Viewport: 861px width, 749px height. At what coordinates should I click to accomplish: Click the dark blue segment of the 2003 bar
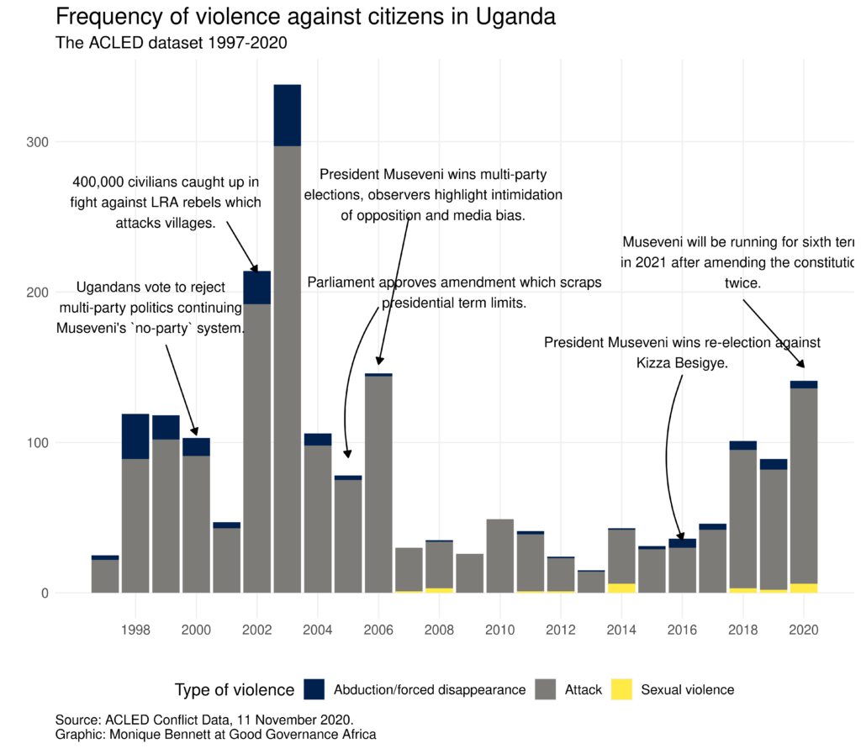287,115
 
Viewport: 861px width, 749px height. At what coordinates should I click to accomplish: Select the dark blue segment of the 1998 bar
135,436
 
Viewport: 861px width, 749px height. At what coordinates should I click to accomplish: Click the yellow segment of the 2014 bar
621,588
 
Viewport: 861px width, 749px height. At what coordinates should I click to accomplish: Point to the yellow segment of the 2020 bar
804,588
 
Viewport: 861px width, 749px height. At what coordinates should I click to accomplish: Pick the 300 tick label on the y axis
35,142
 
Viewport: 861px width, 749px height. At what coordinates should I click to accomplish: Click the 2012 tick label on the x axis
560,630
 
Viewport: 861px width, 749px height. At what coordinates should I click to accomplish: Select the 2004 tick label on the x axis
317,630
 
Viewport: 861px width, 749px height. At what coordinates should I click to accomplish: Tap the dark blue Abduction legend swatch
314,689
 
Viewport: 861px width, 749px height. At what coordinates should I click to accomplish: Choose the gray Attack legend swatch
546,689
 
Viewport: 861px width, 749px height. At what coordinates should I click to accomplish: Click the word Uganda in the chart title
514,17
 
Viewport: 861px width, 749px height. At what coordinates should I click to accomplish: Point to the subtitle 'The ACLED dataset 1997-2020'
172,43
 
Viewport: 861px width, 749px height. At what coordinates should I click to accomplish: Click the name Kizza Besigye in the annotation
681,363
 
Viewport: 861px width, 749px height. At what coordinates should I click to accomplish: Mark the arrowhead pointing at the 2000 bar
195,432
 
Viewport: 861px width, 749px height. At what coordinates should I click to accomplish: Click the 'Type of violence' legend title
234,690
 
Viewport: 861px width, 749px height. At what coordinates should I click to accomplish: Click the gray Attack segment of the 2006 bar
378,483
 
